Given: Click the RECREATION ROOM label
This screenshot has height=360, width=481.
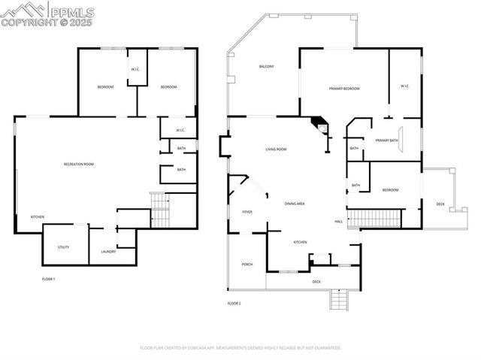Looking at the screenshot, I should [x=78, y=164].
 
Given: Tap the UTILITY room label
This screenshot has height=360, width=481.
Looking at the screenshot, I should [x=64, y=247].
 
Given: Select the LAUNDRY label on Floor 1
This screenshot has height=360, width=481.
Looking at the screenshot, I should [x=108, y=252].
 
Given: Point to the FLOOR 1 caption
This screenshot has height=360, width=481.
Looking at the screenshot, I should [x=48, y=279].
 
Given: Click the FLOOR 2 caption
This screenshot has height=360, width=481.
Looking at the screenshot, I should [x=234, y=304].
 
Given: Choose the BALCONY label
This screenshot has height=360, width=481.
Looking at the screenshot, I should [x=266, y=67].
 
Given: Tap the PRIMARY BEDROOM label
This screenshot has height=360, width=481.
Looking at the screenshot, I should [x=344, y=89].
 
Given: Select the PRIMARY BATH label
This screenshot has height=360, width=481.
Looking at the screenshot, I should [x=386, y=141].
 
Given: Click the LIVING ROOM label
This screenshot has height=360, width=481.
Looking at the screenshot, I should [x=276, y=150].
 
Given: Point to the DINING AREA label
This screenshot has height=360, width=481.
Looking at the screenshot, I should [x=294, y=204].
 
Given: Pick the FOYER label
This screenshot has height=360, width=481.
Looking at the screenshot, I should [x=247, y=212].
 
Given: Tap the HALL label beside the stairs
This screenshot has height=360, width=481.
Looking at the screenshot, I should [x=339, y=221].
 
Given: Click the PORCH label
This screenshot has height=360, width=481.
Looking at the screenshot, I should [x=247, y=265].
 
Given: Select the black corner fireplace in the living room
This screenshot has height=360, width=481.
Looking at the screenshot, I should [x=320, y=125].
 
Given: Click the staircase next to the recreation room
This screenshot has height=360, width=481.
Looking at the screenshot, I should [x=160, y=211].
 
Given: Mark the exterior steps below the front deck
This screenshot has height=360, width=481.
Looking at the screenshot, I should [x=339, y=300].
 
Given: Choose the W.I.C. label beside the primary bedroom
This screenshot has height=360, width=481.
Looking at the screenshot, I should [x=405, y=86].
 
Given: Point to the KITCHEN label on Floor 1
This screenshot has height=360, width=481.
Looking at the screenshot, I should [x=37, y=217].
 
